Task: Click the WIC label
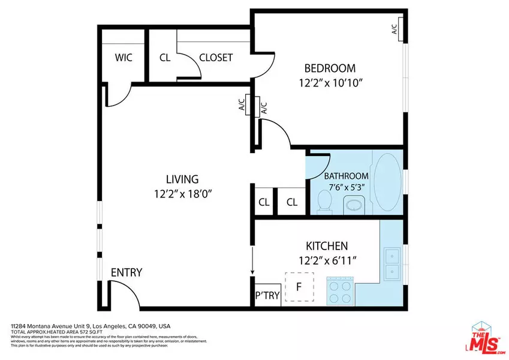coord(124,58)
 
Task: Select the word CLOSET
coord(216,58)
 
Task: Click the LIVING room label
coord(182,179)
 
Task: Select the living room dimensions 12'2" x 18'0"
coord(182,194)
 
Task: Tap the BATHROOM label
coord(347,176)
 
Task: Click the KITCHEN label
coord(327,245)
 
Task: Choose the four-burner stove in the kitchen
coord(339,292)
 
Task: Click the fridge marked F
coord(299,286)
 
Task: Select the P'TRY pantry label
coord(267,295)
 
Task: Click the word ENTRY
coord(127,272)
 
